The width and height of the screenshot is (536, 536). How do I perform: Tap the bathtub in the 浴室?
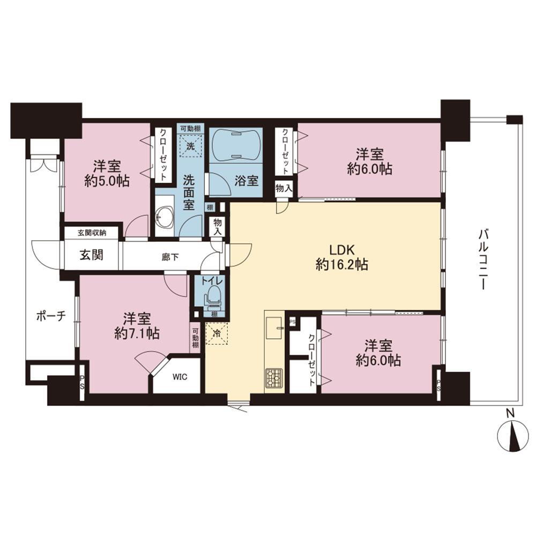[235, 145]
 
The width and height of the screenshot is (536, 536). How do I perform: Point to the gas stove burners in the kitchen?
[274, 377]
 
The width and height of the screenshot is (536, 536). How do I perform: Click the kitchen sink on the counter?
[274, 328]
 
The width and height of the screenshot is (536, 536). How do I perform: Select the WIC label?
[180, 377]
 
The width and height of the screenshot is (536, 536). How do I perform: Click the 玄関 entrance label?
[92, 255]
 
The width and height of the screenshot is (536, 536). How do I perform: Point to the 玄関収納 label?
[92, 233]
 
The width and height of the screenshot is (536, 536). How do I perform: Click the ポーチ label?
[51, 316]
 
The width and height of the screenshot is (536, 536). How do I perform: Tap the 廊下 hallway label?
[170, 257]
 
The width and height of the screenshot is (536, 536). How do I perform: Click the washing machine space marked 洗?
[190, 146]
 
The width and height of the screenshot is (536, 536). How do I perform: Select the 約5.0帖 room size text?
[107, 181]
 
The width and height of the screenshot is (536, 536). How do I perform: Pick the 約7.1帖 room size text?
[137, 333]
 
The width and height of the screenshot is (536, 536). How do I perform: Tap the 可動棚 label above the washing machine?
[190, 129]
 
